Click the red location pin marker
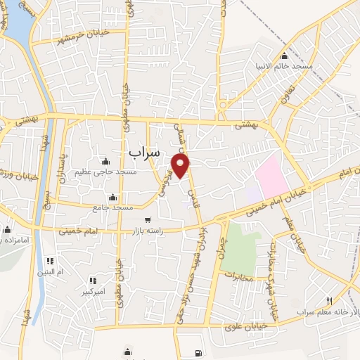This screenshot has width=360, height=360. coord(181,166)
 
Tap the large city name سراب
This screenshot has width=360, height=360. coord(145,152)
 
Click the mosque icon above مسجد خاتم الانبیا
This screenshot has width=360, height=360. coord(284,56)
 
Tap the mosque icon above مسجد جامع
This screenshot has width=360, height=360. coord(112,197)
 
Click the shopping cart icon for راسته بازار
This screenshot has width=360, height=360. coord(147,220)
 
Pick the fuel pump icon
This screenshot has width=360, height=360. coord(196,352)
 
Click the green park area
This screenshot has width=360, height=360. coord(240,243)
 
